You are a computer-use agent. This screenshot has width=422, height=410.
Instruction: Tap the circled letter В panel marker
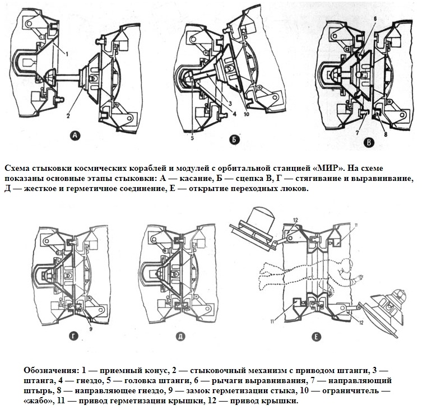[x=368, y=143]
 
